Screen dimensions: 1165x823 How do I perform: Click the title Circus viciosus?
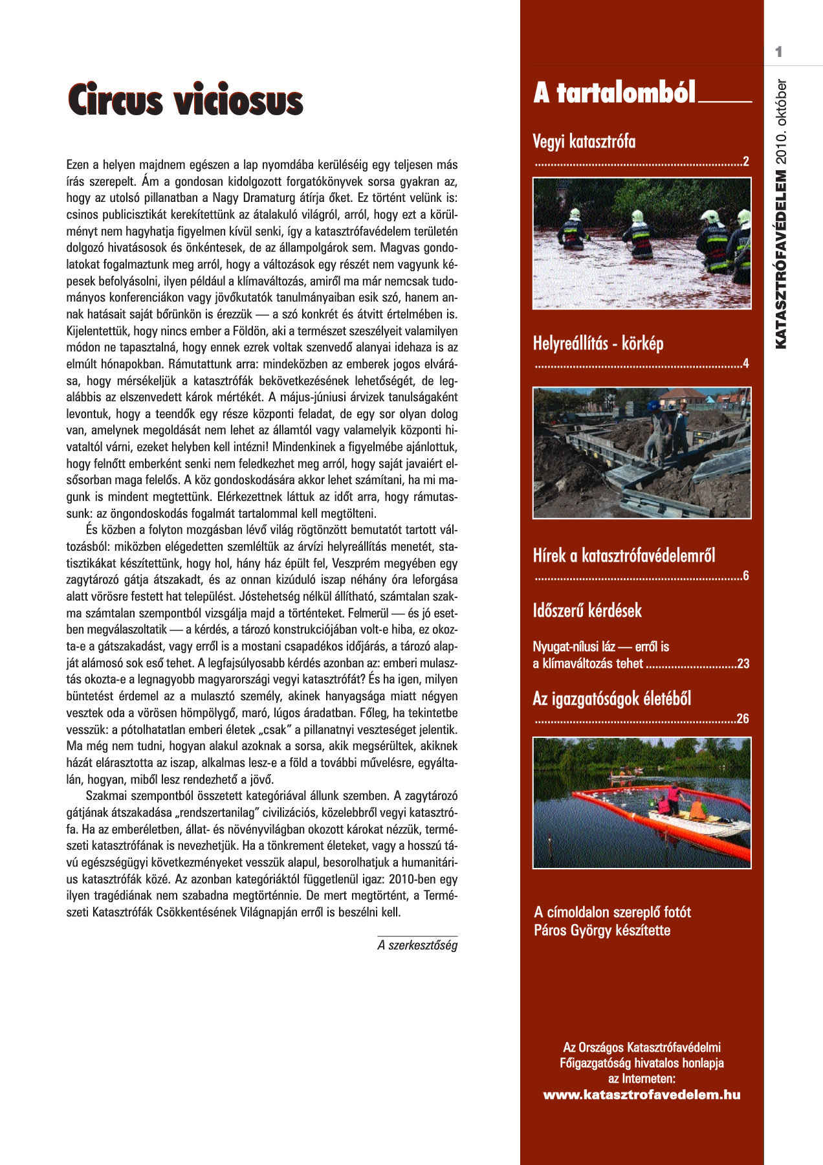(x=185, y=100)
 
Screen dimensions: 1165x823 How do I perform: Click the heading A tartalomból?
(x=614, y=93)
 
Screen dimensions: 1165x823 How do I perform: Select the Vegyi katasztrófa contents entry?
(x=584, y=141)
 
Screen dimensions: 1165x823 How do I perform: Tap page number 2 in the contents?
(x=746, y=162)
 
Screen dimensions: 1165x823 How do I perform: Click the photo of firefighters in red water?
(x=642, y=243)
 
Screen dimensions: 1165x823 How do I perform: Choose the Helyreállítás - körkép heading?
(x=598, y=343)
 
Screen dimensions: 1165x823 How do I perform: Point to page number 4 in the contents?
(x=746, y=364)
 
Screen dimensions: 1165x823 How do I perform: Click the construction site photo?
(x=642, y=453)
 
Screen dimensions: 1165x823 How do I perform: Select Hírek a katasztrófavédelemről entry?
(x=624, y=555)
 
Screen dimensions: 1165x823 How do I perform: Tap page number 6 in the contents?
(x=746, y=576)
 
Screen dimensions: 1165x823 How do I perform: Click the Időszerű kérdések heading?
(x=587, y=610)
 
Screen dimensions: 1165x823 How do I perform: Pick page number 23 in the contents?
(x=743, y=664)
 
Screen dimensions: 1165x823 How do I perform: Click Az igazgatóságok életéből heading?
(x=611, y=699)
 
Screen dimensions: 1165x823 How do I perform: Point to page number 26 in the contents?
(x=743, y=719)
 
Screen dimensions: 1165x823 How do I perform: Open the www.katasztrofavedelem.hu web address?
(x=641, y=1095)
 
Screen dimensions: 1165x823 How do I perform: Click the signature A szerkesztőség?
(x=417, y=946)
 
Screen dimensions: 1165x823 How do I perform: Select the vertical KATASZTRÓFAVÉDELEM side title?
(x=781, y=259)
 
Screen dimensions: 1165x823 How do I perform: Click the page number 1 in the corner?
(x=779, y=52)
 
